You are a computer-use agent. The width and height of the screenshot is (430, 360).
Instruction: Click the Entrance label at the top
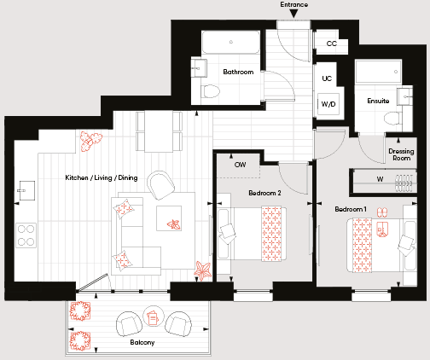point(294,4)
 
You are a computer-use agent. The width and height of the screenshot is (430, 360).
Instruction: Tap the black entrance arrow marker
point(294,14)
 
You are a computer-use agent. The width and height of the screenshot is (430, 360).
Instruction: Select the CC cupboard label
point(332,44)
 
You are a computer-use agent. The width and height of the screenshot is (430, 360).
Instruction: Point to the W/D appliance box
point(328,104)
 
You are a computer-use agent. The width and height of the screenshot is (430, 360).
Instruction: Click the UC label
point(327,78)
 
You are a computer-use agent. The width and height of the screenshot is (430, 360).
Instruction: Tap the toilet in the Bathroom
point(211,91)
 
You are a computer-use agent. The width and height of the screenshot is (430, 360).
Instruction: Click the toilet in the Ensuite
point(393,118)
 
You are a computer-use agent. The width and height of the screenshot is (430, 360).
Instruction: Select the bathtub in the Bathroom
point(230,42)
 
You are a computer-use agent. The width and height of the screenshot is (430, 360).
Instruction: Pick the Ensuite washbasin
point(404,96)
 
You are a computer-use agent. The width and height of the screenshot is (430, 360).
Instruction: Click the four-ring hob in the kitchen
point(26,235)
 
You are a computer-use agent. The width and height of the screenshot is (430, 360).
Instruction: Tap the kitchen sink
point(26,190)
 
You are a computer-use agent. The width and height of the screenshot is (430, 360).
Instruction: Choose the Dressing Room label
point(401,154)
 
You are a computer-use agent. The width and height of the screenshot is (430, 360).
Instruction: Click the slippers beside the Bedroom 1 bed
point(382,212)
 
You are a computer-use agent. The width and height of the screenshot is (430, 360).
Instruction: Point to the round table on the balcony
point(154,316)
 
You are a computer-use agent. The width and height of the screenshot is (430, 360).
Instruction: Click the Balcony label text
point(142,342)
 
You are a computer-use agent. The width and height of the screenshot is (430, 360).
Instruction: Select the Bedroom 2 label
point(264,193)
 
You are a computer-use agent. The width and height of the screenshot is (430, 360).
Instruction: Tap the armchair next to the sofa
point(160,185)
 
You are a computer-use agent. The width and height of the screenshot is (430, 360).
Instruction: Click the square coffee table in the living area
point(169,218)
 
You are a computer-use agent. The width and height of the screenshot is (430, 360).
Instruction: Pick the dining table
point(159,131)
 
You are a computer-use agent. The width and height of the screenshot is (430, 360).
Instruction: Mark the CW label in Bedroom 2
point(240,165)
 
